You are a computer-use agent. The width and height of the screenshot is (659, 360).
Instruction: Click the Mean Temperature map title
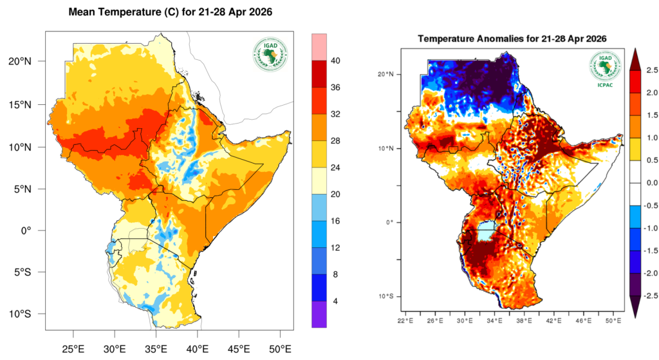(x=171, y=12)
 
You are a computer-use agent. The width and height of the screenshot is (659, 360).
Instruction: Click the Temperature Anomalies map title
(x=512, y=39)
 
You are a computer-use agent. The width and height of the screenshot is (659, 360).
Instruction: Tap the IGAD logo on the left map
(x=269, y=56)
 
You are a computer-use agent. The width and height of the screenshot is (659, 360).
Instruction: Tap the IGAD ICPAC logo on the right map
(x=605, y=67)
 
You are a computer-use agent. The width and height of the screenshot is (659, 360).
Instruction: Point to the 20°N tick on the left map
(x=29, y=61)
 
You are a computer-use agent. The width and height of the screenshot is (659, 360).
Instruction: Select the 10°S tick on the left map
(x=29, y=314)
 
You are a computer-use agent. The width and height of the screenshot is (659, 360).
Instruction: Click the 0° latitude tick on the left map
(x=33, y=231)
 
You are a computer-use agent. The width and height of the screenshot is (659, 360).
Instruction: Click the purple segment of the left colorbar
(x=320, y=314)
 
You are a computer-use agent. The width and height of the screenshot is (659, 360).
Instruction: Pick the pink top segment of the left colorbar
(x=320, y=47)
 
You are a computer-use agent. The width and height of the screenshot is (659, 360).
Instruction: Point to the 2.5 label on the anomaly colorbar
(x=649, y=70)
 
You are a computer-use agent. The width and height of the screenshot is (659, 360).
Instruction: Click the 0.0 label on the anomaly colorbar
(x=649, y=183)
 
